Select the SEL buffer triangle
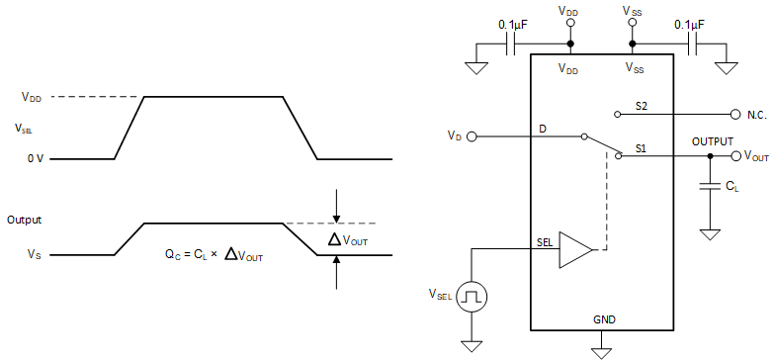point(574,250)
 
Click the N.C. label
point(756,115)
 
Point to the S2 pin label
point(642,105)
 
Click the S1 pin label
point(641,147)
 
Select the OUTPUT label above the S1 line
point(715,141)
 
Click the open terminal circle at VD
point(472,135)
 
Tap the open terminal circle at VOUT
point(733,156)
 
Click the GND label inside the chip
point(604,320)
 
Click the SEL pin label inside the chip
point(545,240)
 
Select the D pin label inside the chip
point(543,129)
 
